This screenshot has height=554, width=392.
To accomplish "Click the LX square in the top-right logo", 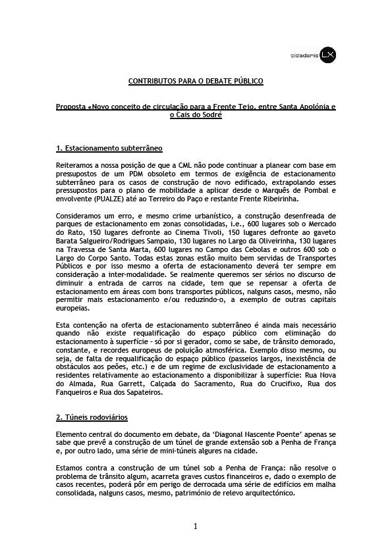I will [328, 57].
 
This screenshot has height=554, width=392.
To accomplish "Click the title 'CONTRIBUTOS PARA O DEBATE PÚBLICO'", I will [196, 81].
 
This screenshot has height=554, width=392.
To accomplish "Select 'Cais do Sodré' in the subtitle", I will [196, 115].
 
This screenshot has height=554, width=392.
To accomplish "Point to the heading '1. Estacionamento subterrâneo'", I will [109, 149].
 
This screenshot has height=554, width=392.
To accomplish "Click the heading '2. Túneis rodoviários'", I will [92, 418].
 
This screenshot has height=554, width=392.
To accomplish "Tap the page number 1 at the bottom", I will [196, 526].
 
